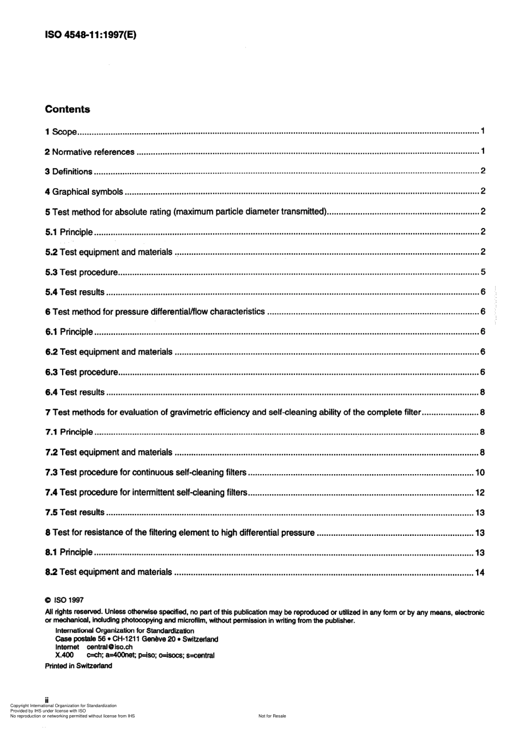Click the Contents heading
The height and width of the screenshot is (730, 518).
(x=67, y=109)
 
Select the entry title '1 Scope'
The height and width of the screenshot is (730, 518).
(x=61, y=132)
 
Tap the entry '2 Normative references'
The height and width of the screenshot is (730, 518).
(x=89, y=152)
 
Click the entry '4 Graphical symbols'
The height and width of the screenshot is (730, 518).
(x=84, y=192)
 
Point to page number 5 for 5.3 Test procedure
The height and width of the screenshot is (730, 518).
(x=483, y=272)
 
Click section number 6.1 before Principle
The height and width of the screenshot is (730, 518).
(x=51, y=332)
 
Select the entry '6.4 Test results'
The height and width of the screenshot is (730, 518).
(x=75, y=392)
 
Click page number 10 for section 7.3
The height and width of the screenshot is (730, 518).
(x=480, y=472)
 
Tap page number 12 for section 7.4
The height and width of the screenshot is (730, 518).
(x=480, y=493)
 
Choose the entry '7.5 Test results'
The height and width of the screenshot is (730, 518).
(x=75, y=512)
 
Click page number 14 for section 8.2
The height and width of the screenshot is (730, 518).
(x=480, y=572)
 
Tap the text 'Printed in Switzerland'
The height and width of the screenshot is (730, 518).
(x=79, y=666)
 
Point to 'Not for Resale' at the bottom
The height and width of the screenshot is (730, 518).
(x=272, y=716)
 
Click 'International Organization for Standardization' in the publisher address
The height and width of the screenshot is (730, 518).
(x=124, y=631)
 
